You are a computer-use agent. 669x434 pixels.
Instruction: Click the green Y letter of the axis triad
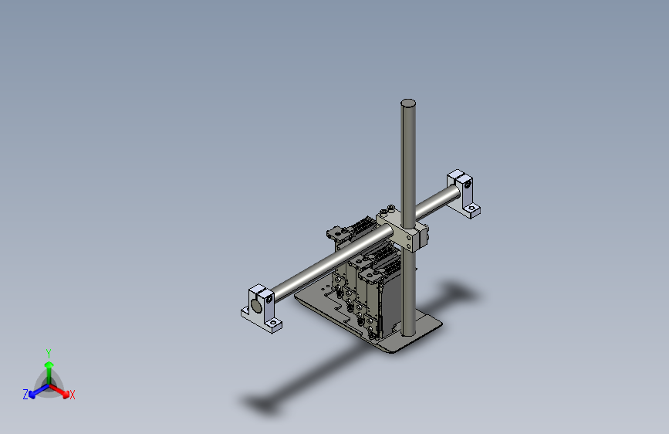(x=48, y=351)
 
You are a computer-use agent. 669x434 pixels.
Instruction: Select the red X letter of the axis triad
(x=73, y=395)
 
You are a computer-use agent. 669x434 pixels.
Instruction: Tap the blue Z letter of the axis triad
(x=25, y=394)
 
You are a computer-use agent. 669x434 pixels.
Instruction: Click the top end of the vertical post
(x=408, y=103)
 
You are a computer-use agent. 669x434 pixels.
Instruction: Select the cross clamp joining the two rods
(x=403, y=229)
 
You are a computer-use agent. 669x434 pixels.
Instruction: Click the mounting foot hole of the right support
(x=473, y=209)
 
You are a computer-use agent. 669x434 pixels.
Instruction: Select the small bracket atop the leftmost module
(x=335, y=231)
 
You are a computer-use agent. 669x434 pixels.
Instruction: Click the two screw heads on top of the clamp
(x=387, y=209)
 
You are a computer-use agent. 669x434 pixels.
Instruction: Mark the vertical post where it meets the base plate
(x=407, y=330)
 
